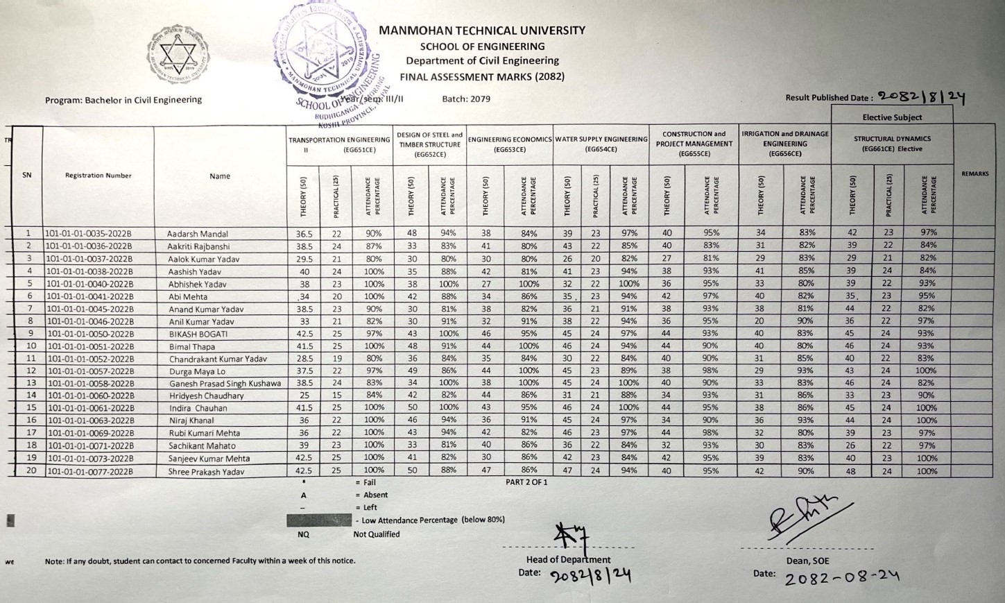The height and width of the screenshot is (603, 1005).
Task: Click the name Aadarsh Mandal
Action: click(x=198, y=234)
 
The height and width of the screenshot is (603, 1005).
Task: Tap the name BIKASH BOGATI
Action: click(x=189, y=334)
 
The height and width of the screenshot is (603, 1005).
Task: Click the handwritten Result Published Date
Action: click(x=921, y=98)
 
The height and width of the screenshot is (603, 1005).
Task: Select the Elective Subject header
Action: click(x=892, y=117)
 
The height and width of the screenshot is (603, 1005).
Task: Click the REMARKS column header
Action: click(x=974, y=173)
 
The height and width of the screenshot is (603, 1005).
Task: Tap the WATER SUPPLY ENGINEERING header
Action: click(x=601, y=144)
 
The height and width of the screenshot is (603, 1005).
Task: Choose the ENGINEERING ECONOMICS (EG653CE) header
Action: click(x=509, y=144)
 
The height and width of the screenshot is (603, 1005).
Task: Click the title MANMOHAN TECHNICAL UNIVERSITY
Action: click(x=482, y=31)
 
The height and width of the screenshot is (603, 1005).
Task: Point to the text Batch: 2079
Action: click(x=466, y=99)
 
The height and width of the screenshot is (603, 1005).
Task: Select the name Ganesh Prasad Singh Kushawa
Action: click(x=225, y=384)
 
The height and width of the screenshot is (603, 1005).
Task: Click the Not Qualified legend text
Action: click(x=377, y=534)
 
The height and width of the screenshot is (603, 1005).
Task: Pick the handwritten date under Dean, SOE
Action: click(x=841, y=577)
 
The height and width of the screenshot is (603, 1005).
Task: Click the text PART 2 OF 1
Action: click(x=526, y=482)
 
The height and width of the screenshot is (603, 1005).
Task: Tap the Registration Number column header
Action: click(x=98, y=176)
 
